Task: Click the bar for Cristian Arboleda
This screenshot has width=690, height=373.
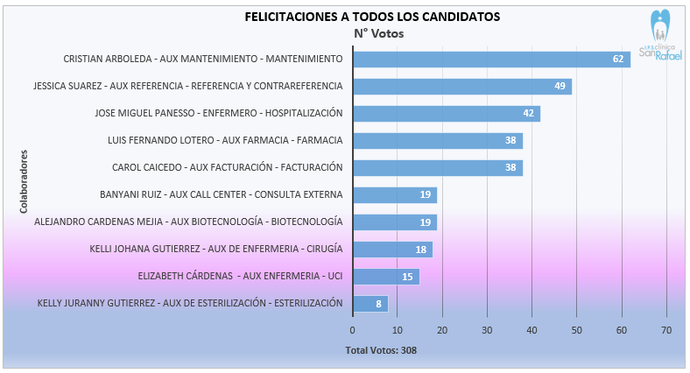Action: point(490,60)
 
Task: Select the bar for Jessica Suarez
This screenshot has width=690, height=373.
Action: point(461,87)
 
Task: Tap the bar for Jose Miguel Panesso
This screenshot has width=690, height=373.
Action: point(446,114)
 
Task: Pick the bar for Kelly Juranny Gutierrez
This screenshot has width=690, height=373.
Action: point(370,304)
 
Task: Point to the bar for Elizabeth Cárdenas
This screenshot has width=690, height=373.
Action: point(385,277)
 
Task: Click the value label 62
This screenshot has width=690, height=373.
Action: point(618,60)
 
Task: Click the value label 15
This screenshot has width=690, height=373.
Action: point(408,277)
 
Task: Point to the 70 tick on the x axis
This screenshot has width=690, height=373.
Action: point(666,330)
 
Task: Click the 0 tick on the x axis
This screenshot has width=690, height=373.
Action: point(352,330)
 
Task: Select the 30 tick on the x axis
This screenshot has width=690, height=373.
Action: point(487,330)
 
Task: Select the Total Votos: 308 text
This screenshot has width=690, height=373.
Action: point(382,351)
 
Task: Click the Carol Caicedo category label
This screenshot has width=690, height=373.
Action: point(227,167)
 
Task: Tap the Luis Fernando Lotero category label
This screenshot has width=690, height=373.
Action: point(224,140)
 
